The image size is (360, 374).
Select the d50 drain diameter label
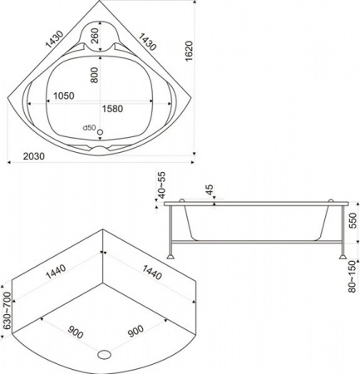tap(90, 127)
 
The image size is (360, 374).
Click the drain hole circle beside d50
tap(101, 130)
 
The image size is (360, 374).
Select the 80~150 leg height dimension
tap(353, 274)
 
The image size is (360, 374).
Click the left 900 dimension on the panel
tap(74, 332)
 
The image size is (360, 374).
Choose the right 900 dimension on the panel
tap(135, 332)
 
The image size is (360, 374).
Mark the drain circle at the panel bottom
tap(105, 354)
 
